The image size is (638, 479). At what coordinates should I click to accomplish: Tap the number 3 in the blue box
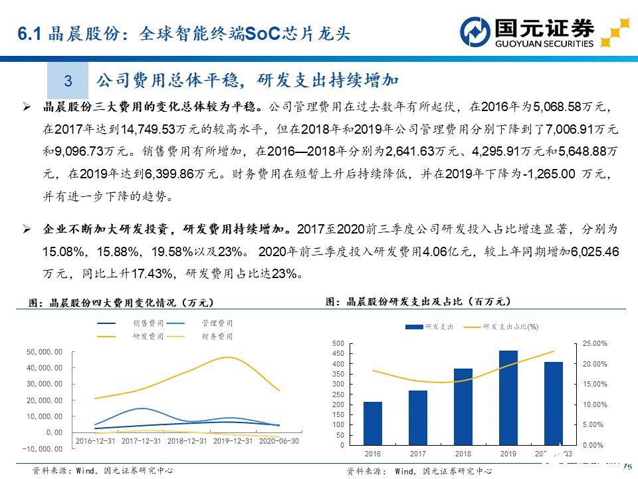point(68,81)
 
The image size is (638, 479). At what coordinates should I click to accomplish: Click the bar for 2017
point(418,417)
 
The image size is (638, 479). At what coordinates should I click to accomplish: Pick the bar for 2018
point(463,406)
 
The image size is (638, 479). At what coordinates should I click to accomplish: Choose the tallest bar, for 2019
point(508,397)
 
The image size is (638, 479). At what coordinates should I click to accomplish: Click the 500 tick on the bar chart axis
point(338,343)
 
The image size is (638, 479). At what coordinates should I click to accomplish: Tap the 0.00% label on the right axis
point(592,444)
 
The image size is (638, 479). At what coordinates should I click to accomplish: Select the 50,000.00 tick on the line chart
point(46,352)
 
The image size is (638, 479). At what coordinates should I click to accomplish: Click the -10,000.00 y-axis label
point(44,449)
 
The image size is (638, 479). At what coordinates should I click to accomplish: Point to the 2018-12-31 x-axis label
point(187,441)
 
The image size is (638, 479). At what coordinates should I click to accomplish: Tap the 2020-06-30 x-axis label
point(278,441)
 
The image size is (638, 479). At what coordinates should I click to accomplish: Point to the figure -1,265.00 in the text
point(550,176)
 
